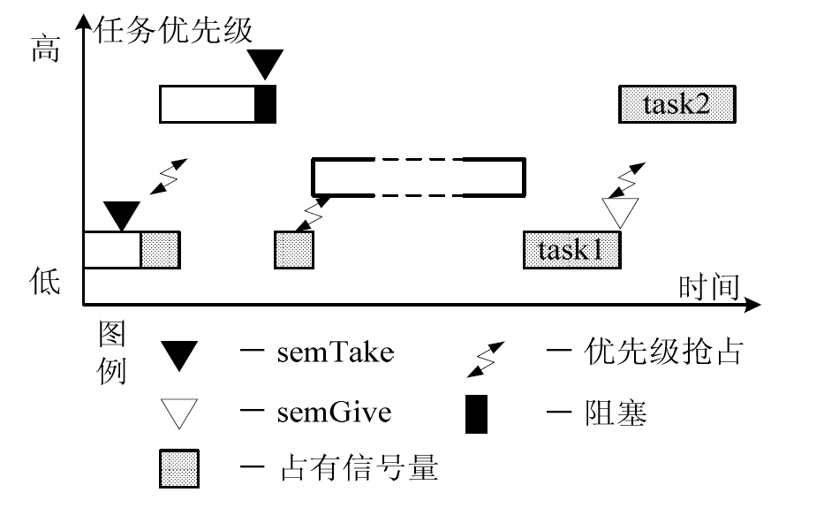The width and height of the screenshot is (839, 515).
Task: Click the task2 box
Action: click(x=676, y=104)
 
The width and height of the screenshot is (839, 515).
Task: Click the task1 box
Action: click(x=571, y=249)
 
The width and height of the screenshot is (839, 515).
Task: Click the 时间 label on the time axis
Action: click(x=708, y=287)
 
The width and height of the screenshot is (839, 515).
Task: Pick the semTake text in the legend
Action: click(x=335, y=353)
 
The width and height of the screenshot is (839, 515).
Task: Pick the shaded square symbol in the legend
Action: click(x=179, y=468)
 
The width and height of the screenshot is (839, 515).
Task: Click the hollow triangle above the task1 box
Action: click(x=619, y=212)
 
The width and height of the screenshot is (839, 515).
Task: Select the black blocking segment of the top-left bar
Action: click(x=265, y=104)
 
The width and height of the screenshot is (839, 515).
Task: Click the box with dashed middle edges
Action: click(x=419, y=177)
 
